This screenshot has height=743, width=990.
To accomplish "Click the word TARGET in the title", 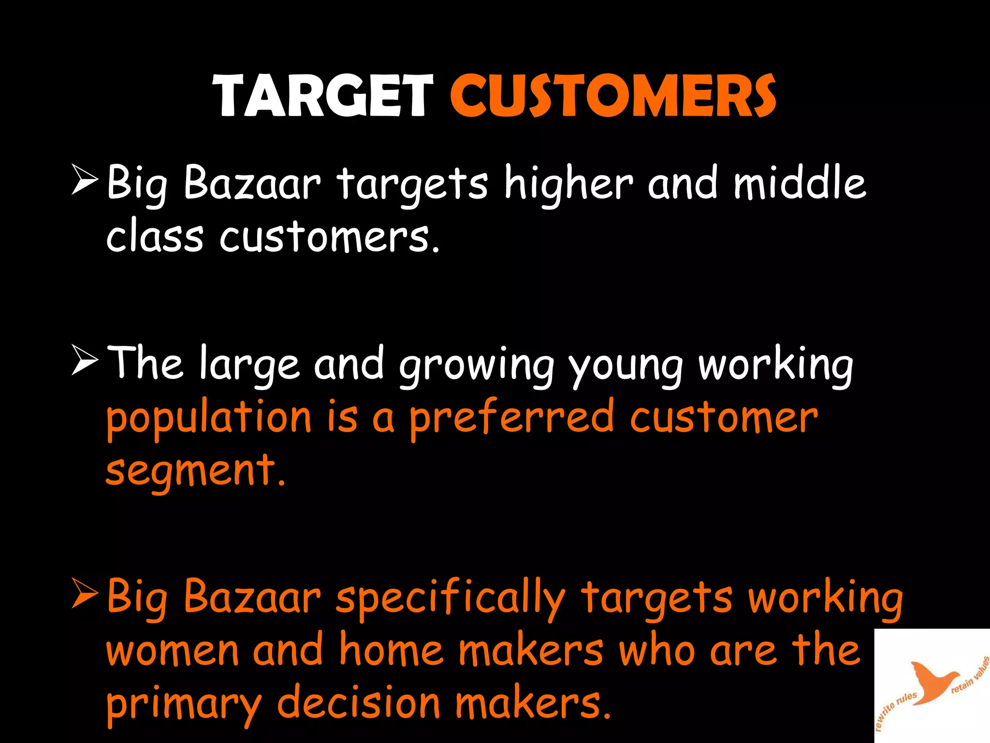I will pos(322,96).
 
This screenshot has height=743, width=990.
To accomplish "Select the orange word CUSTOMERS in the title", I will pos(613,96).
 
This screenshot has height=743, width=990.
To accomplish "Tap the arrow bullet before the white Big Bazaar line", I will pos(85,179).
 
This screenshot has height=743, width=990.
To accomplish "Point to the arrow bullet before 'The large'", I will pos(85,360).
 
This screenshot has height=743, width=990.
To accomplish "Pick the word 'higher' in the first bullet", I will pos(568,184).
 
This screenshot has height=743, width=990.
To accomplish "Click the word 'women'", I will pos(173,651).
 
